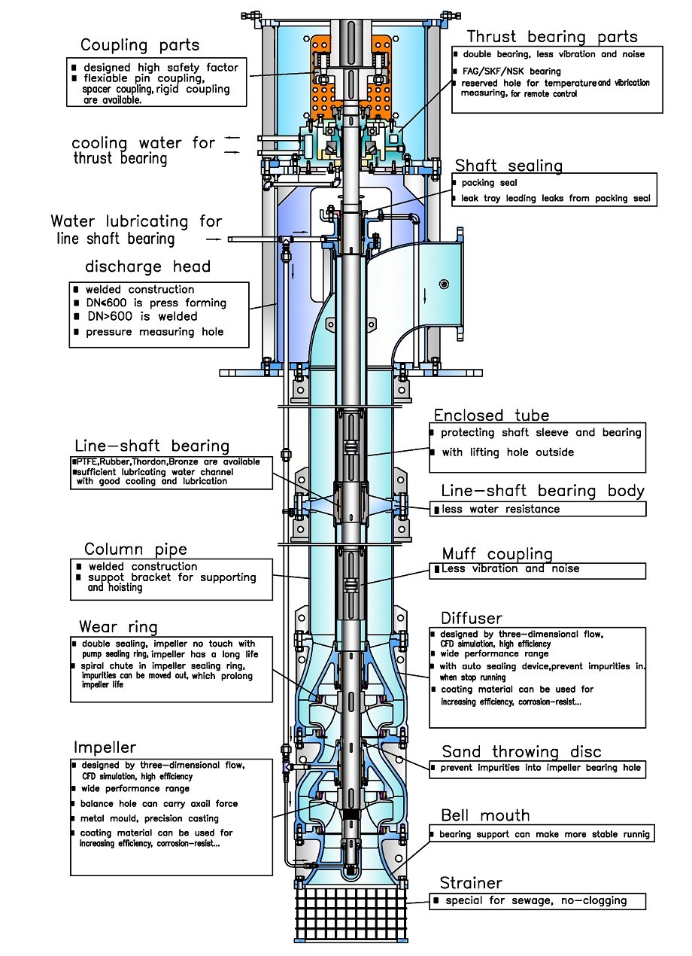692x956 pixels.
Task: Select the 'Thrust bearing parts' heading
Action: coord(551,37)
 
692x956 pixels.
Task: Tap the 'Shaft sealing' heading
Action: coord(508,166)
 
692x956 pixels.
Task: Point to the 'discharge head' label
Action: coord(147,266)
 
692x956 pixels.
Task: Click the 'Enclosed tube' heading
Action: coord(491,415)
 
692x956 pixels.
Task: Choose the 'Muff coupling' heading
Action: coord(497,554)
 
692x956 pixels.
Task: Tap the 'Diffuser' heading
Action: coord(472,618)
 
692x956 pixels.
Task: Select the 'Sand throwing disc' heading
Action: coord(521,751)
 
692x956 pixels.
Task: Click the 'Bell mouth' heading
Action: coord(485,815)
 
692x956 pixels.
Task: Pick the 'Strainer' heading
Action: coord(471,882)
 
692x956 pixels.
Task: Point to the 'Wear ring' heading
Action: coord(118,626)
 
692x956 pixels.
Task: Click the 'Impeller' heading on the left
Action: coord(105,747)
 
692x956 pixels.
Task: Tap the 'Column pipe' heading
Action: coord(135,550)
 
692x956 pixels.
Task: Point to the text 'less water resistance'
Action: coord(500,510)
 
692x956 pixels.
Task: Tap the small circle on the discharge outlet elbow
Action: coord(445,283)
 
